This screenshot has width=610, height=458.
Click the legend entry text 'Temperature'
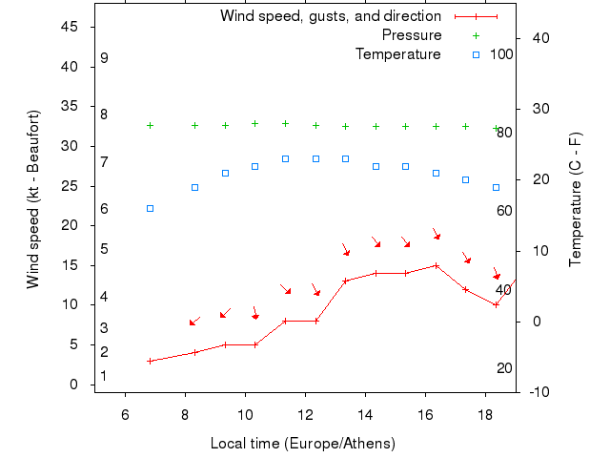tap(397, 54)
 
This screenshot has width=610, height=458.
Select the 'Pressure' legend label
tap(411, 35)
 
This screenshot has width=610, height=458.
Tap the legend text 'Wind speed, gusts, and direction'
tap(330, 16)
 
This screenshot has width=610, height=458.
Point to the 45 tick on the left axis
tap(69, 27)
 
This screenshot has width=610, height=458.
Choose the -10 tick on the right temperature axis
tap(536, 392)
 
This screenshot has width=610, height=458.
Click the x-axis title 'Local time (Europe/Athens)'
tap(302, 444)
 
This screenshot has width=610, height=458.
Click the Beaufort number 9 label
tap(104, 58)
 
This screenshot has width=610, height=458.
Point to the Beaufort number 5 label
tap(104, 249)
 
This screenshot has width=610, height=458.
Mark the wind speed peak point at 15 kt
tap(436, 265)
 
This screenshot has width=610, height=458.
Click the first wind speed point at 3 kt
tap(150, 361)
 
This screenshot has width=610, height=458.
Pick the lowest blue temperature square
tap(150, 208)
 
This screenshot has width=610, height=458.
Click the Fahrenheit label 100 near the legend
tap(501, 54)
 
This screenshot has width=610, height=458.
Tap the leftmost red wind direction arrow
tap(193, 322)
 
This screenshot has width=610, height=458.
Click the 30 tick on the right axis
tap(536, 109)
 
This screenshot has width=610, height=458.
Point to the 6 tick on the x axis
tap(125, 414)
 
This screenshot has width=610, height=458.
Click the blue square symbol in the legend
tap(476, 54)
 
